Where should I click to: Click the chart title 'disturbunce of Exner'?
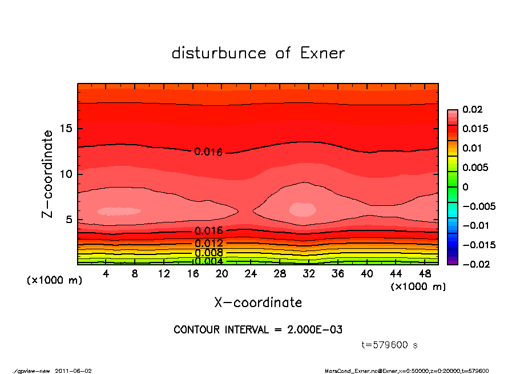point(258,53)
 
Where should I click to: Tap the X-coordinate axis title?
point(258,302)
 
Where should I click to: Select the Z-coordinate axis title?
point(48,174)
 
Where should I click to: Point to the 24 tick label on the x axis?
point(251,274)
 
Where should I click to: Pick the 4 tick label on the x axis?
point(106,274)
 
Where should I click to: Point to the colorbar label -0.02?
point(475,264)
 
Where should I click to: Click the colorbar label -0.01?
point(475,225)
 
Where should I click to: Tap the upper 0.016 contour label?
point(208,152)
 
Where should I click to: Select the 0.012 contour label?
point(208,243)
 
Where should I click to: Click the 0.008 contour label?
point(208,253)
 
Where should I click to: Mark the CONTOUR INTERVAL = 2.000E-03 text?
point(258,330)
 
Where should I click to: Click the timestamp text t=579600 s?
point(390,345)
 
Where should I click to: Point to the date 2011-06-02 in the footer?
point(74,370)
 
